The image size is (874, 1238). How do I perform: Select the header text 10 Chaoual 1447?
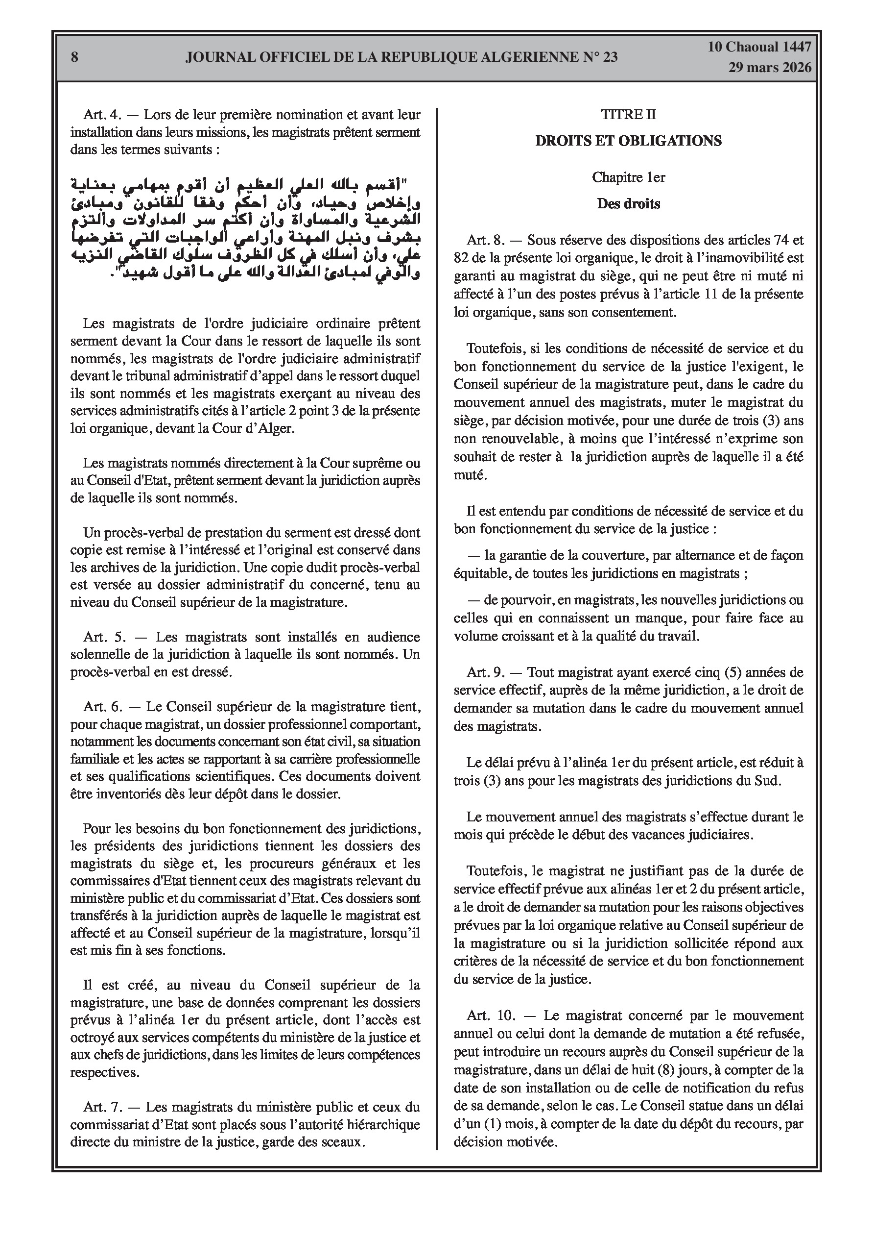point(759,47)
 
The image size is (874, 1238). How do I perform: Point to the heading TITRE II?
point(628,114)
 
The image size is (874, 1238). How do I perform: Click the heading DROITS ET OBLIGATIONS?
point(628,141)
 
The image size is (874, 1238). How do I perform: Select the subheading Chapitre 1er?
point(628,177)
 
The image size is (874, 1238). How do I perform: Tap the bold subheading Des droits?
point(628,203)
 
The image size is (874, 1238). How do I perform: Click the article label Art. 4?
point(103,114)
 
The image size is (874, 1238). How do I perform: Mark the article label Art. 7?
point(103,1108)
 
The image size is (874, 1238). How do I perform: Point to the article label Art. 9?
point(487,672)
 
